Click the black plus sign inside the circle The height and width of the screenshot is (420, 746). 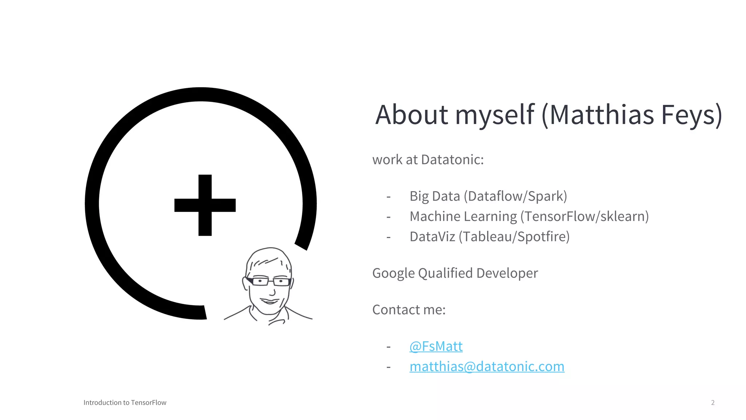pyautogui.click(x=205, y=205)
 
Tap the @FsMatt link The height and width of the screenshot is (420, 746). pyautogui.click(x=436, y=346)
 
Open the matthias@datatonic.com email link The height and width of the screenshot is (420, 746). pyautogui.click(x=487, y=366)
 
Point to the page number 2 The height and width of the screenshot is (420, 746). pyautogui.click(x=713, y=402)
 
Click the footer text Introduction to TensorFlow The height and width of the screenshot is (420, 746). pyautogui.click(x=125, y=402)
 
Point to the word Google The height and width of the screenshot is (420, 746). pyautogui.click(x=393, y=273)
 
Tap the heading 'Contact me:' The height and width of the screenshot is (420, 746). pyautogui.click(x=409, y=310)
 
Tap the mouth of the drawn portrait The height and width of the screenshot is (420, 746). pyautogui.click(x=270, y=301)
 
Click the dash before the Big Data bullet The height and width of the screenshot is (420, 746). pyautogui.click(x=389, y=197)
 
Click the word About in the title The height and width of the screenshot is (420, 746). pyautogui.click(x=412, y=115)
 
